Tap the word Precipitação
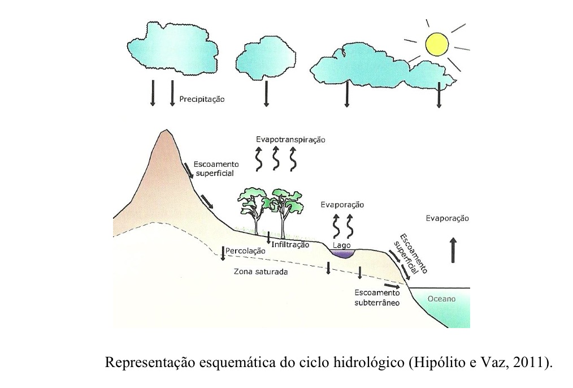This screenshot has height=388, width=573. point(202,99)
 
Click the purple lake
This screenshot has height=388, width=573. point(342,253)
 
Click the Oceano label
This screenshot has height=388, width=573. point(441,299)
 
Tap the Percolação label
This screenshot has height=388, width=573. point(245,250)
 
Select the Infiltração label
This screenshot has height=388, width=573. point(290,244)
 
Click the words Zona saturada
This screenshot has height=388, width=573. point(261,271)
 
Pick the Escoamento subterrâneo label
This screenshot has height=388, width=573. point(377,298)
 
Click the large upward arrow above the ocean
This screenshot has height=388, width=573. point(453,251)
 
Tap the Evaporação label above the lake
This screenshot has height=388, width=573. point(342,205)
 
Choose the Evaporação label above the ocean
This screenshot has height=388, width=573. point(447,218)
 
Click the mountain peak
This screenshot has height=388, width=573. point(166,133)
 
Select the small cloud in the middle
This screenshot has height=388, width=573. point(265,59)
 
